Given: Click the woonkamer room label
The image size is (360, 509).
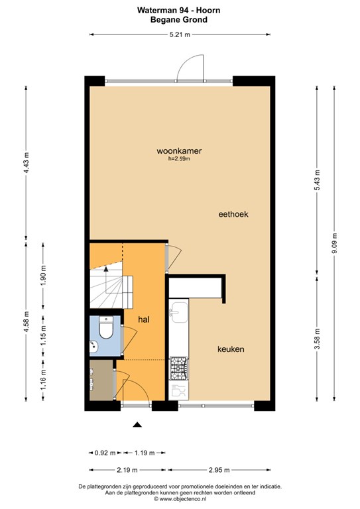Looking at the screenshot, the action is tap(179, 151).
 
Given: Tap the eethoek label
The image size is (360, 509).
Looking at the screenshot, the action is tap(233, 214).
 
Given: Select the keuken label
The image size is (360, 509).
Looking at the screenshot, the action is tap(231, 349).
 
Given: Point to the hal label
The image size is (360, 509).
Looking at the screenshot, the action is tap(144, 319).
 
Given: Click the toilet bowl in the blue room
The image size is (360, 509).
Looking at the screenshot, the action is tap(106, 327).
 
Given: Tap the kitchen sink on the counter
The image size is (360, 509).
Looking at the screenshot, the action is tap(180, 312).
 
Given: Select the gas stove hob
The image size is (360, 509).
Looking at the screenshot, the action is tap(179, 368).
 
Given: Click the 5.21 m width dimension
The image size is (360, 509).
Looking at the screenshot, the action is tap(180, 34).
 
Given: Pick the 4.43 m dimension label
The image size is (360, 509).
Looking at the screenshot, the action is tap(27, 162).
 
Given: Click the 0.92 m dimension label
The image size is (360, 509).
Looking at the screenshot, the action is tap(105, 453).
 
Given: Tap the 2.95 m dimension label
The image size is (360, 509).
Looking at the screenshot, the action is tap(219, 470).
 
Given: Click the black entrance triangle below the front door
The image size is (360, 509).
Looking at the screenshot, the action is tap(138, 424).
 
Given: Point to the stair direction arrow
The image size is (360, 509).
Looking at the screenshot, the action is tap(105, 268).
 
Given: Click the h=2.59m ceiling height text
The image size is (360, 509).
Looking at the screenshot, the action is tap(179, 159).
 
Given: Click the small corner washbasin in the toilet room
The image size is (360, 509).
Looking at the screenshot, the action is tap(93, 347).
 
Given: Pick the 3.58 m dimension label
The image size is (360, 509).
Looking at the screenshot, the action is tap(318, 339).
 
